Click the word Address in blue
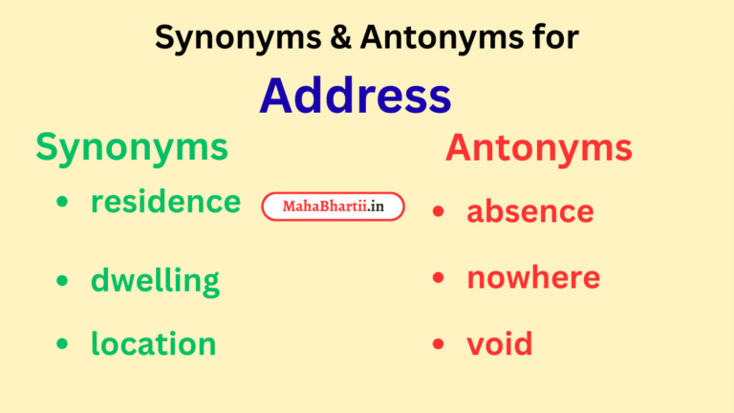tap(356, 96)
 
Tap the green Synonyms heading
tap(132, 147)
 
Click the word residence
tap(165, 202)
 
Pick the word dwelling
tap(155, 281)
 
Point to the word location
tap(153, 343)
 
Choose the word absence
tap(529, 211)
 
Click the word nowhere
tap(533, 277)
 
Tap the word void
tap(499, 343)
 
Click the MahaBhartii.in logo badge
tap(333, 206)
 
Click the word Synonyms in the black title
tap(228, 38)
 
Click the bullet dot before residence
tap(62, 203)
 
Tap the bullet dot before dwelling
tap(62, 281)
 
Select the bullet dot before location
tap(62, 343)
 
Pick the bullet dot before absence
tap(439, 211)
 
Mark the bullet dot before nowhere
tap(439, 278)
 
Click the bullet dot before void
tap(439, 343)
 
